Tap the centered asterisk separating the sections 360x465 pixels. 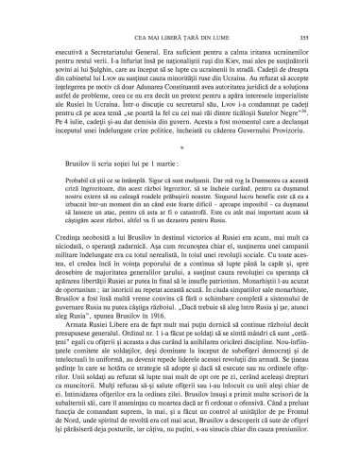click(180, 174)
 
